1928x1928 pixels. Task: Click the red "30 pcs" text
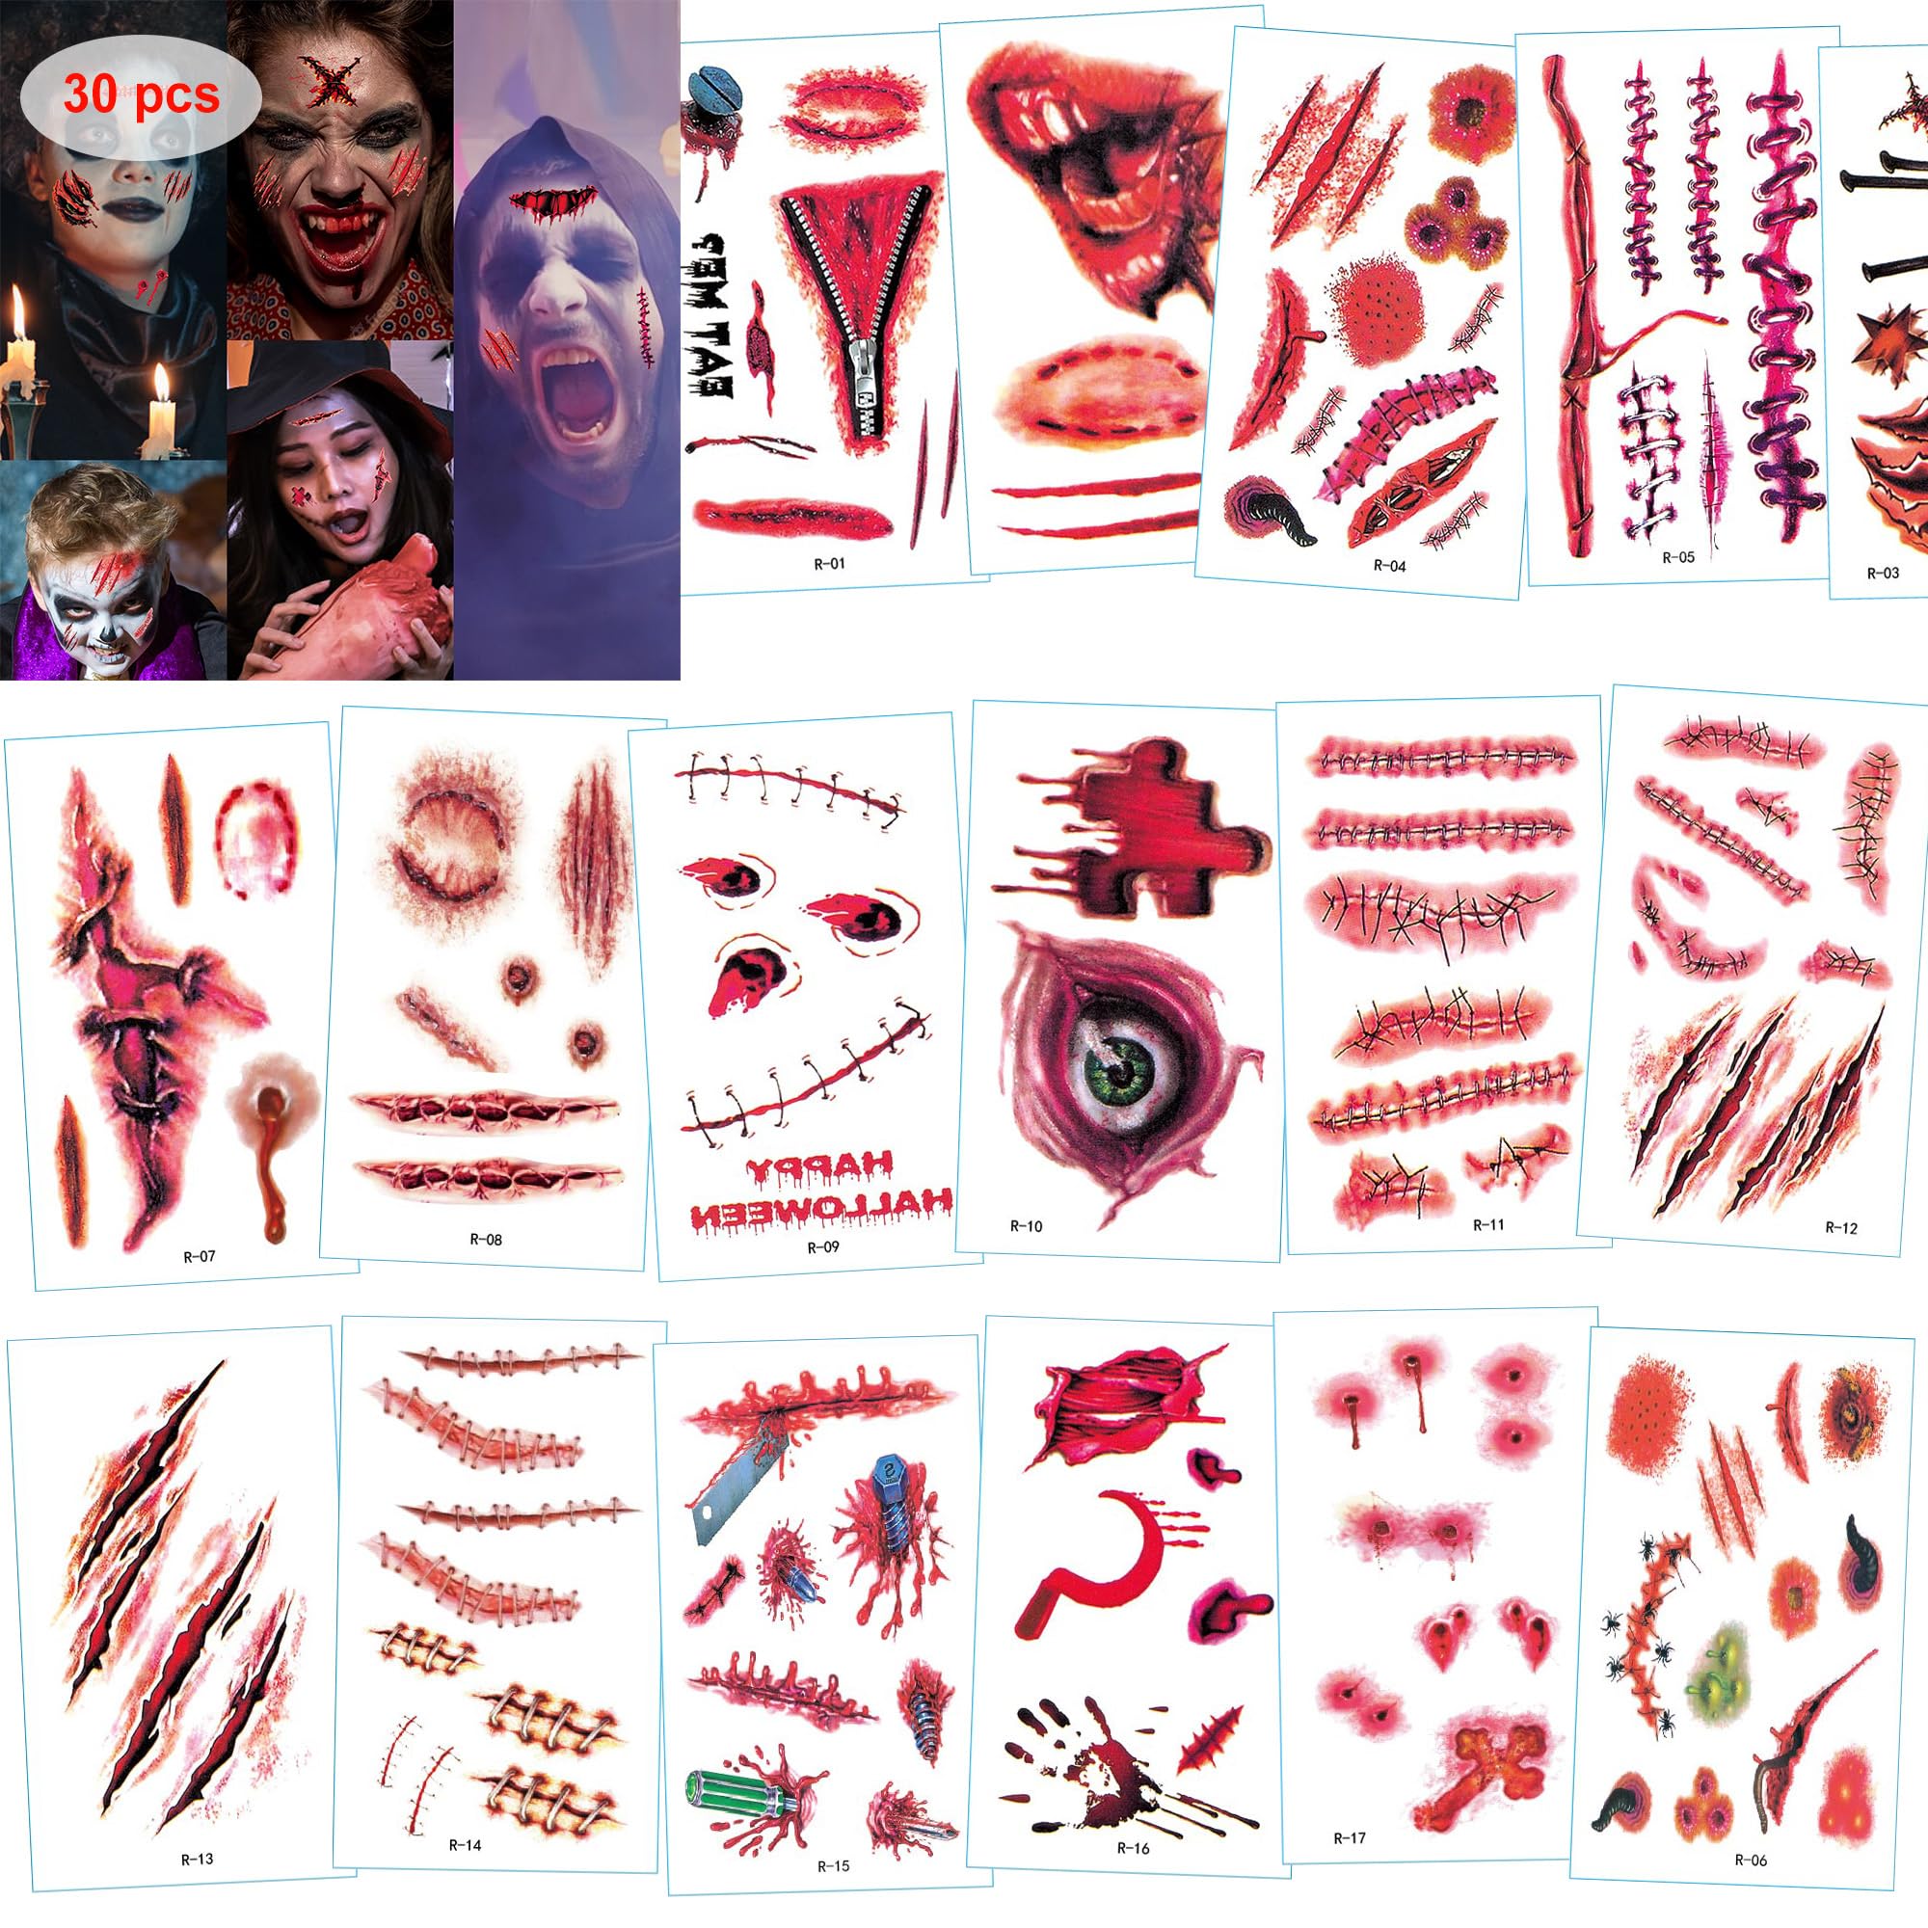tap(141, 95)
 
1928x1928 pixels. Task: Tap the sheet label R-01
tap(828, 563)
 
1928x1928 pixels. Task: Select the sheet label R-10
tap(1026, 1225)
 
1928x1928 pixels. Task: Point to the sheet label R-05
tap(1677, 557)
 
